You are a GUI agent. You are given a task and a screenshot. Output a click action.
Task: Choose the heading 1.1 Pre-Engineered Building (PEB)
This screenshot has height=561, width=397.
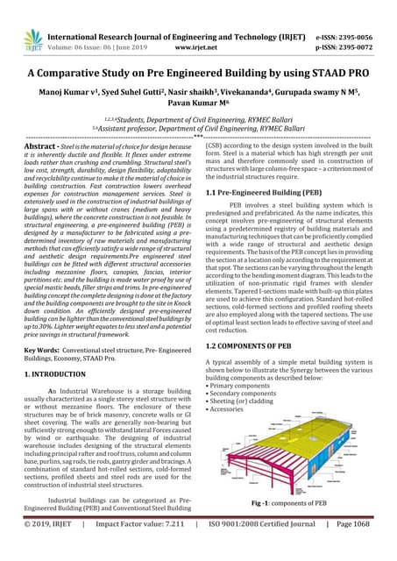[260, 192]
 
